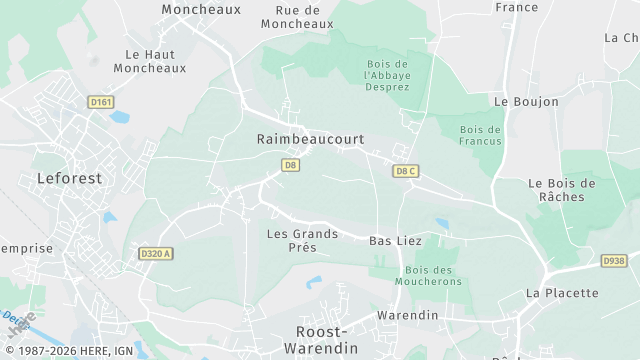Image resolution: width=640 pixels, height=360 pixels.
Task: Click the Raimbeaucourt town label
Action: pyautogui.click(x=309, y=140)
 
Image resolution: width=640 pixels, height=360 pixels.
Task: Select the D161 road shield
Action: pyautogui.click(x=100, y=101)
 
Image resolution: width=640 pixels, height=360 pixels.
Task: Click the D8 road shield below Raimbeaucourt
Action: pyautogui.click(x=291, y=164)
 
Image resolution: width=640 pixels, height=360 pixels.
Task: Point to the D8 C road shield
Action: pyautogui.click(x=405, y=171)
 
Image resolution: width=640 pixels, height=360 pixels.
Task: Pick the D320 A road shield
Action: pyautogui.click(x=156, y=254)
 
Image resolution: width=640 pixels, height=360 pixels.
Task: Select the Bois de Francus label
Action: pyautogui.click(x=480, y=135)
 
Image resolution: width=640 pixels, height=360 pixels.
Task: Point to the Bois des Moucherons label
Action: pyautogui.click(x=433, y=276)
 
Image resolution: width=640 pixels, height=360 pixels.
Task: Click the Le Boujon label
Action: pyautogui.click(x=518, y=102)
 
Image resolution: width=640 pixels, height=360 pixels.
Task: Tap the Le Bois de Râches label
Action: pyautogui.click(x=561, y=190)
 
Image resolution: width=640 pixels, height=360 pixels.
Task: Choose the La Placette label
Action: pyautogui.click(x=562, y=293)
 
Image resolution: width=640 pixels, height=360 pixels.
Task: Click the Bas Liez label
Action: pyautogui.click(x=395, y=241)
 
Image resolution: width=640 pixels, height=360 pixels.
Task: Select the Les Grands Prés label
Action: pyautogui.click(x=302, y=240)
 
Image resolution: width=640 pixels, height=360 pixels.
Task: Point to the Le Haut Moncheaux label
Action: pyautogui.click(x=150, y=61)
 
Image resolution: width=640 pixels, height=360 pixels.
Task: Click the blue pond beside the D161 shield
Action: pyautogui.click(x=120, y=117)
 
